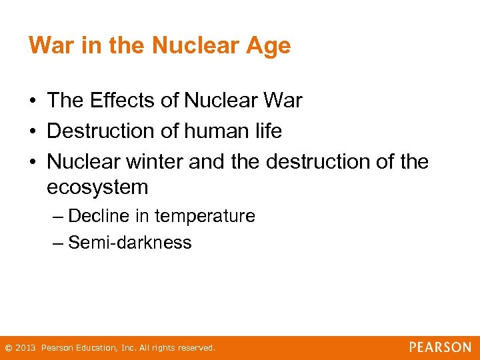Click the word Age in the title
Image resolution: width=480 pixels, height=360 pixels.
pos(269,46)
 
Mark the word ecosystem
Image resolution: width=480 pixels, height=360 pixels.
pos(97,187)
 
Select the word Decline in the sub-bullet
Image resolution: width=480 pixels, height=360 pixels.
pos(100,216)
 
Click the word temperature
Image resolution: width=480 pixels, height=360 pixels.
pos(206,216)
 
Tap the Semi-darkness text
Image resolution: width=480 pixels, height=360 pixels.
pos(130,243)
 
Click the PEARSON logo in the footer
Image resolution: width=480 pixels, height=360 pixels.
pos(440,347)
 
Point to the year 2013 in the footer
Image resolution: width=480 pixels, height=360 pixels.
pos(25,348)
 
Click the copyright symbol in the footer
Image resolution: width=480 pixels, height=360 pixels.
pos(8,348)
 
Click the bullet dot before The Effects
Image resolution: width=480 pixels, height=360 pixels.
pos(32,101)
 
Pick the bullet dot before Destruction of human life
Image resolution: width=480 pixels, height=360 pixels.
pos(32,132)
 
